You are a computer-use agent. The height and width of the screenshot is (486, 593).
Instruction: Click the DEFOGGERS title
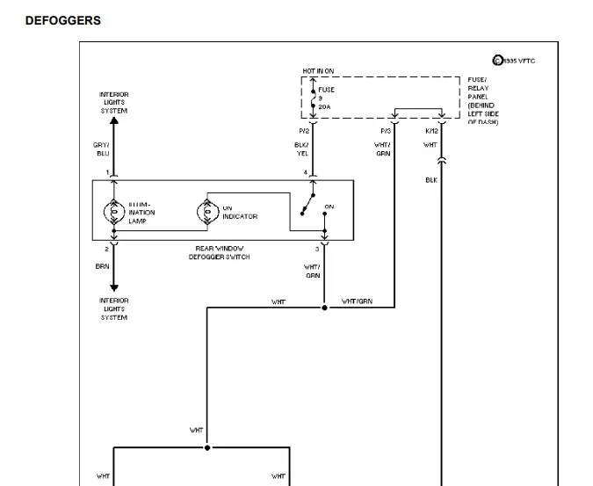pos(62,20)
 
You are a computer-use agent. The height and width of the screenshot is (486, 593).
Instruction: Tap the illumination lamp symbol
pos(113,212)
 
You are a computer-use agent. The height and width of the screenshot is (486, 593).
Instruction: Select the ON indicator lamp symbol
pos(207,212)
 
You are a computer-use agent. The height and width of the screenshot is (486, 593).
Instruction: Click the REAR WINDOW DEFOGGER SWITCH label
pos(222,253)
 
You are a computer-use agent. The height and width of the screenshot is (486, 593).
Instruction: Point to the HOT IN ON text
pos(318,70)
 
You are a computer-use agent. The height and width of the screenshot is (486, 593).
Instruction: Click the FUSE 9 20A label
pos(326,98)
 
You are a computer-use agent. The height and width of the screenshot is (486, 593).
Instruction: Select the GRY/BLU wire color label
pos(103,149)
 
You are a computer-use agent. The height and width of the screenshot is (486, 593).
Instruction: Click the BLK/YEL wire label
pos(301,149)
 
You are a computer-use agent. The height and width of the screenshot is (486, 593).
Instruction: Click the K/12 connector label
pos(430,131)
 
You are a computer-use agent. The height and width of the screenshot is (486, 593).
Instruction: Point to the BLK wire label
pos(431,180)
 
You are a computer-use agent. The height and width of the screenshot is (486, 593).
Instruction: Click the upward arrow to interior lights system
pos(113,121)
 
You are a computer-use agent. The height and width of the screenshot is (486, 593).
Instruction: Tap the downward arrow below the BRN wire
pos(113,287)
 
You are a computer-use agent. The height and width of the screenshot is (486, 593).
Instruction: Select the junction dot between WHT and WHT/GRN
pos(324,308)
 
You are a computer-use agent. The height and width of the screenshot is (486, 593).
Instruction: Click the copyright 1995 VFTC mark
pos(514,61)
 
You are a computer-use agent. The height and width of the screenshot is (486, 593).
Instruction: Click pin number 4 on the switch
pos(305,172)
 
